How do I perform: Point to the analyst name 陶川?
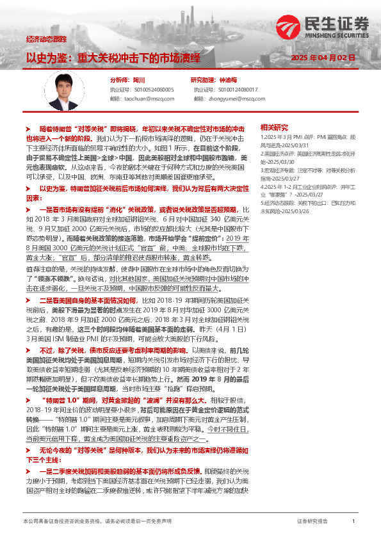(139, 81)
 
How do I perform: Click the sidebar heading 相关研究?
(275, 128)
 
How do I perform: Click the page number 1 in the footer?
(353, 522)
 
